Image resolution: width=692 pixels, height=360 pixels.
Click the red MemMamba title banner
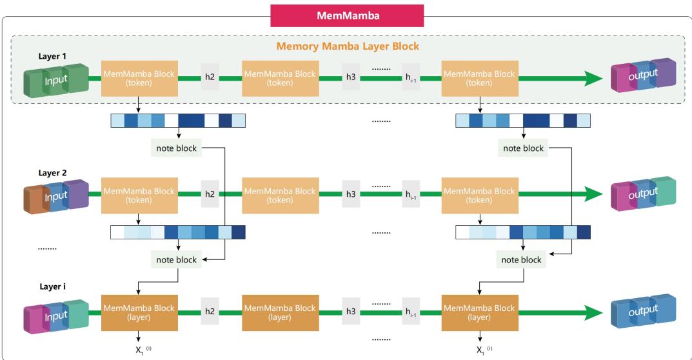click(347, 15)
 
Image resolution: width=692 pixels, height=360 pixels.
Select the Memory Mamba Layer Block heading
click(347, 46)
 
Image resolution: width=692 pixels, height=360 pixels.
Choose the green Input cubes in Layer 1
click(55, 78)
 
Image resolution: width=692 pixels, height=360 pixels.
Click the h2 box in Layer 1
click(210, 78)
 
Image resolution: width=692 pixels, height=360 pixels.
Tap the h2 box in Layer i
click(210, 310)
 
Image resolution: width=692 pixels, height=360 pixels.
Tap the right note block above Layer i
click(522, 260)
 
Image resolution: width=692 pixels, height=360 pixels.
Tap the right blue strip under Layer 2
click(523, 232)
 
